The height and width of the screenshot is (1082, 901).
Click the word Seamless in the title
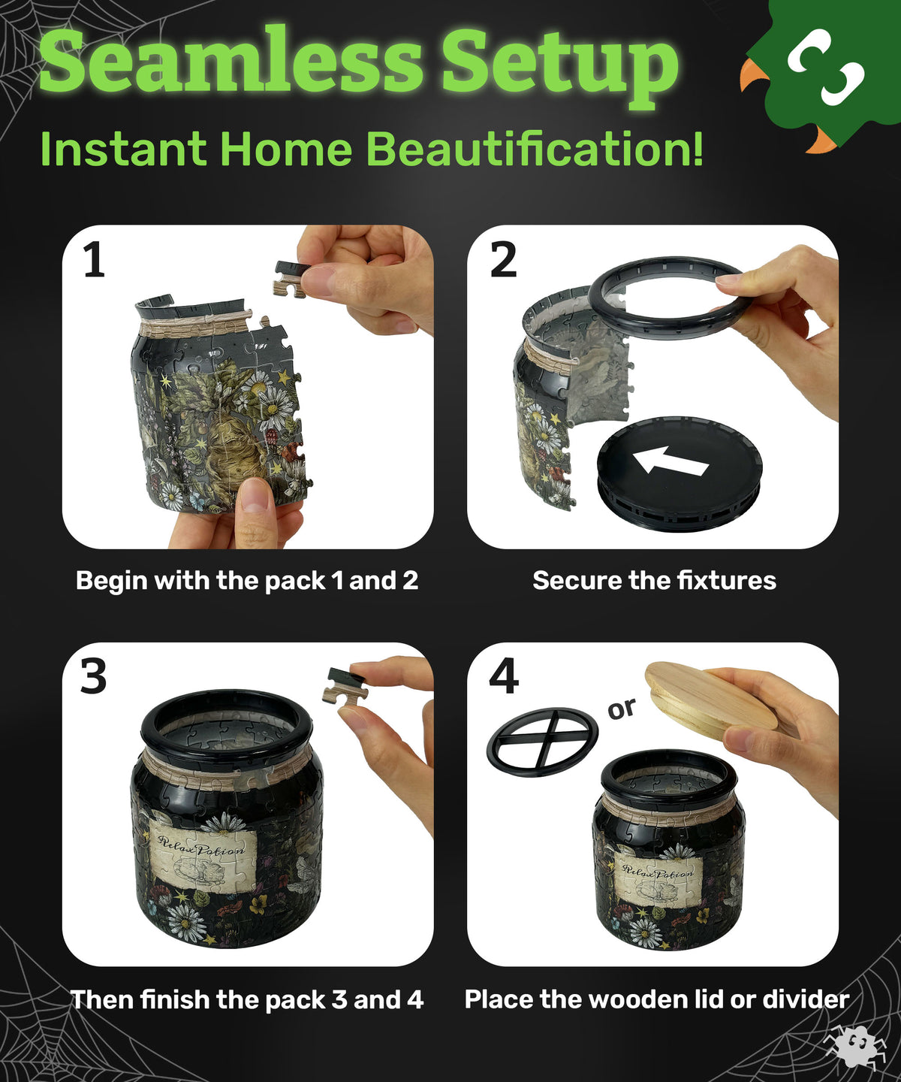[231, 61]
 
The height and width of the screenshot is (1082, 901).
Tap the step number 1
[95, 261]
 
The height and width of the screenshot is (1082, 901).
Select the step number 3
[94, 677]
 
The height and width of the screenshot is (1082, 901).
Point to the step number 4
[504, 676]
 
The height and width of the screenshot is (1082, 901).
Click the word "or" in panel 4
[622, 709]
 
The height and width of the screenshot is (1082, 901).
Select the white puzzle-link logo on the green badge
[825, 66]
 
